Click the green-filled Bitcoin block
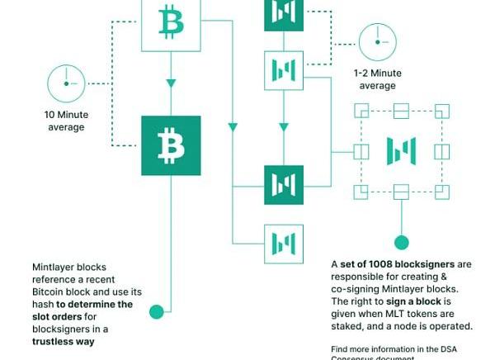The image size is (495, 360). pyautogui.click(x=172, y=145)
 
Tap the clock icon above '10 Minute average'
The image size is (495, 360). pyautogui.click(x=65, y=83)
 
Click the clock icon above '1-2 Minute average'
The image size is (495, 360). pyautogui.click(x=377, y=43)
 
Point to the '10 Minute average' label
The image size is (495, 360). pyautogui.click(x=64, y=121)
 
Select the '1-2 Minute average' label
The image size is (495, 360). pyautogui.click(x=377, y=79)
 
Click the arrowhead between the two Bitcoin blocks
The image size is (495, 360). pyautogui.click(x=172, y=83)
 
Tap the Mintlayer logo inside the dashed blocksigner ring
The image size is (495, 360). pyautogui.click(x=401, y=151)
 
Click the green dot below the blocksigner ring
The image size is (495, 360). pyautogui.click(x=401, y=243)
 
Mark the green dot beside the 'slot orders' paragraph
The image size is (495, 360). pyautogui.click(x=156, y=311)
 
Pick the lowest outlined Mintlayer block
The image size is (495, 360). pyautogui.click(x=284, y=244)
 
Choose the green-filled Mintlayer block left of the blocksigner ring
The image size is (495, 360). pyautogui.click(x=284, y=184)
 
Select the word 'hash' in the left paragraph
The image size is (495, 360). pyautogui.click(x=45, y=304)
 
